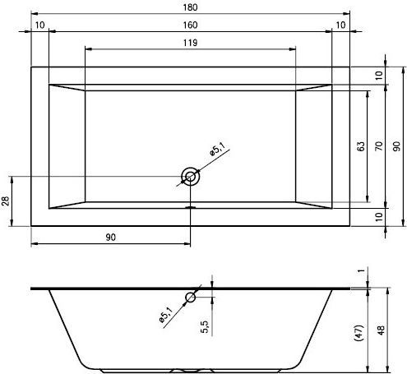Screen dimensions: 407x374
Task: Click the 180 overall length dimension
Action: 190,7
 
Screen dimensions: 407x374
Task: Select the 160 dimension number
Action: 190,25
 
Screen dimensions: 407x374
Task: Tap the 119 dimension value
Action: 190,43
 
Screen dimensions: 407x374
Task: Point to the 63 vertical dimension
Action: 361,146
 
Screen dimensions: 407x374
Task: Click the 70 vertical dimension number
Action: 379,146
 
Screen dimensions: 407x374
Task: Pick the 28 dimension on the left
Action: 6,201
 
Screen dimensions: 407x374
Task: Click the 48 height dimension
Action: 381,330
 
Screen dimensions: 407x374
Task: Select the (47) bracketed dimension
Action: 359,333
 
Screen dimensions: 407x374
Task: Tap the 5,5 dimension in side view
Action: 205,327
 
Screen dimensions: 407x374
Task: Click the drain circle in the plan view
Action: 190,176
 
